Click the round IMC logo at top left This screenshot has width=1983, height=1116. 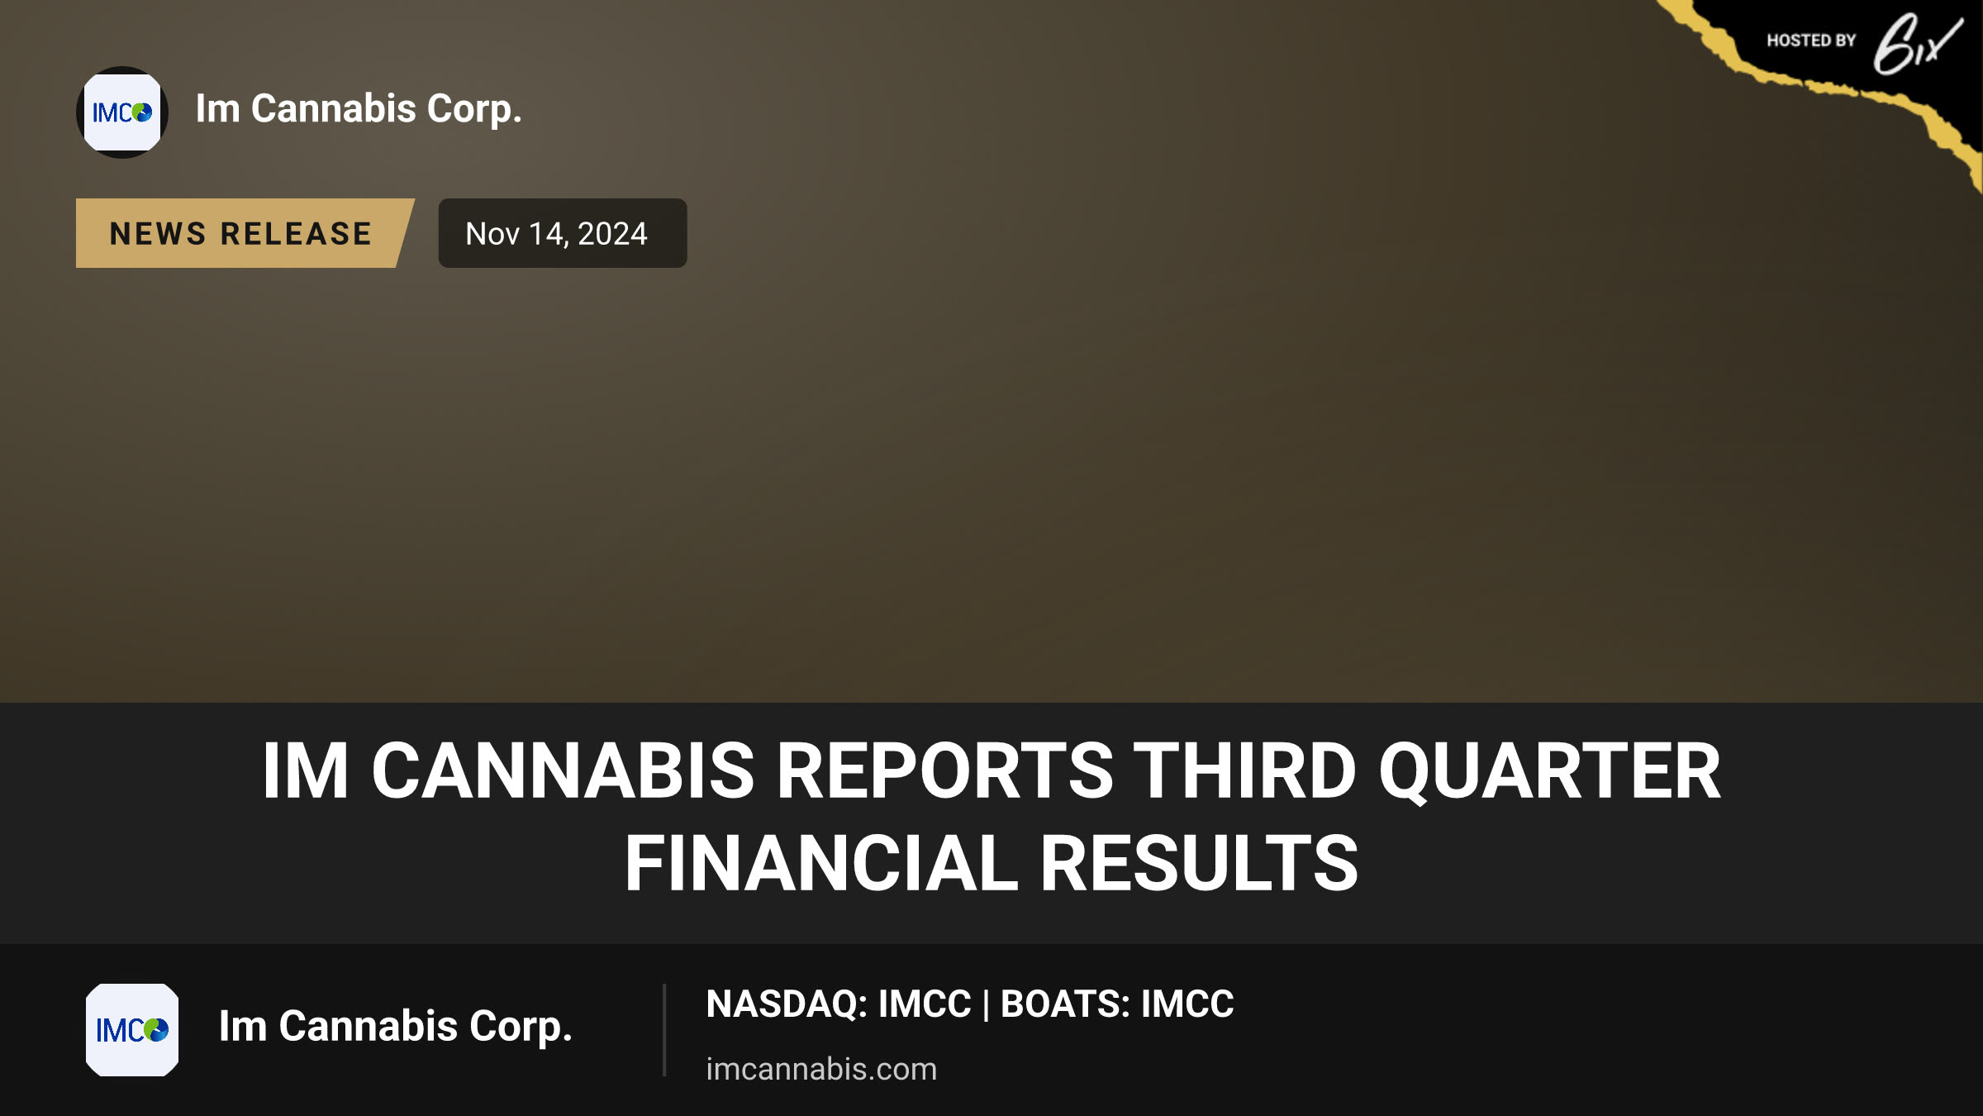(122, 112)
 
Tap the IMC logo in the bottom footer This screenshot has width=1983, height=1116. (132, 1029)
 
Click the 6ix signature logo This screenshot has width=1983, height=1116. (1917, 43)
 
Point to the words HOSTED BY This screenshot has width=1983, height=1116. (1811, 41)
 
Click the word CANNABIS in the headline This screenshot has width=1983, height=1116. (563, 770)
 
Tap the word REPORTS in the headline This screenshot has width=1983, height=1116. (944, 770)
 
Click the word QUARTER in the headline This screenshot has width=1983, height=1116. (1549, 772)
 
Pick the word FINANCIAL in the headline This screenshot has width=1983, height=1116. (821, 863)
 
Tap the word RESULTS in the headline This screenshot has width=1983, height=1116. (1199, 863)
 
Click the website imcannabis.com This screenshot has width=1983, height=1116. (821, 1069)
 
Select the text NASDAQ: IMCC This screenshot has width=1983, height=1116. (839, 1004)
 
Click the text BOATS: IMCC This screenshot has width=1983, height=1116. (1117, 1004)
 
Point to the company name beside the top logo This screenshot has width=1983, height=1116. (359, 109)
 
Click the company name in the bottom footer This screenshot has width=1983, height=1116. (395, 1027)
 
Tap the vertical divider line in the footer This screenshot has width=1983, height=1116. (664, 1030)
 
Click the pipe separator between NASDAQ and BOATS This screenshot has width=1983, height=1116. (986, 1005)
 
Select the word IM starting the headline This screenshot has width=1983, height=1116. (306, 770)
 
